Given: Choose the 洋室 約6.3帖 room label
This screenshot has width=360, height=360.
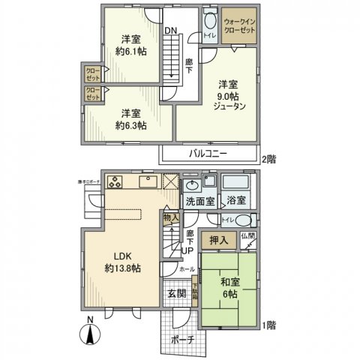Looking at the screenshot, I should (x=130, y=119).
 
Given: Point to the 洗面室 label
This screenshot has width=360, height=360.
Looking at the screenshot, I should (x=199, y=202).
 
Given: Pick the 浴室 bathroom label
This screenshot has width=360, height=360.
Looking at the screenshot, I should (x=237, y=202).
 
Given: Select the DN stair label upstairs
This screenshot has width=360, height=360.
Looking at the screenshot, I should (x=172, y=31).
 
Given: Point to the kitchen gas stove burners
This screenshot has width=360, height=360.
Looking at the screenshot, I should (x=117, y=181).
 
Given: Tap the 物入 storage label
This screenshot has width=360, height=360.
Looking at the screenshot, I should (x=170, y=218).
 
